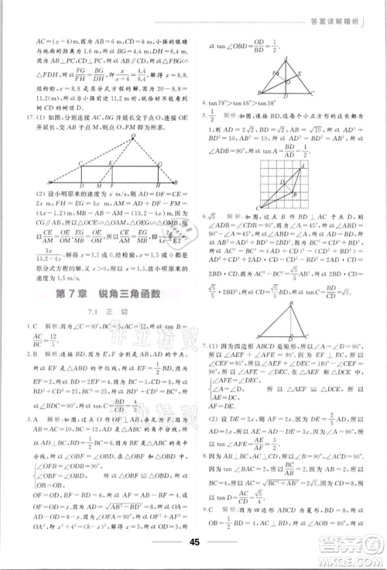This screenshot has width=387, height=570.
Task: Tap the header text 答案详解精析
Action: (341, 11)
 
